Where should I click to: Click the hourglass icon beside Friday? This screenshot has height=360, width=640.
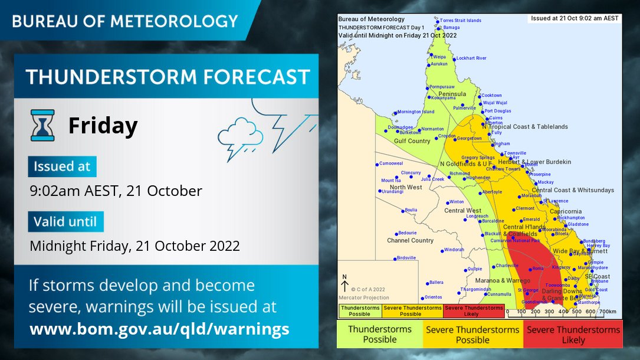pos(42,125)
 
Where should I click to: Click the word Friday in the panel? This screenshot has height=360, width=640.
pos(103,126)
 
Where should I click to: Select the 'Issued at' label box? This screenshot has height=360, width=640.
pos(62,166)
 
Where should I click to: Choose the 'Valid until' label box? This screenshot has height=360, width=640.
pos(65,222)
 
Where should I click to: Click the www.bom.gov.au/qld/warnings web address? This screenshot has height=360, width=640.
pos(159,329)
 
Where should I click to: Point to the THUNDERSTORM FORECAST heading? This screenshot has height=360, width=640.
pos(168,77)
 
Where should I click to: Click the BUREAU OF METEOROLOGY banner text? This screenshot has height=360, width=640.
pos(125,21)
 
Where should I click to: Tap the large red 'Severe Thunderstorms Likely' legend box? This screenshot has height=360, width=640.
pos(573,335)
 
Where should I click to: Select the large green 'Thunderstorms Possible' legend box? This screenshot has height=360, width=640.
pos(380,335)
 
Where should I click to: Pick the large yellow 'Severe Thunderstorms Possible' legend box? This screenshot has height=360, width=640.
pos(472,335)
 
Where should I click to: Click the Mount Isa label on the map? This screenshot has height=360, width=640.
pos(390,181)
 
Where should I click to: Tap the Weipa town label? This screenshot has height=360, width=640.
pos(439,57)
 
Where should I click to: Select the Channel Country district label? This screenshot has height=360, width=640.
pos(410,241)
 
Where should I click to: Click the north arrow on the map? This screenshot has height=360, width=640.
pos(345,284)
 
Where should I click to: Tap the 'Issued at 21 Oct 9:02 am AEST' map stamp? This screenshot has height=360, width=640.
pos(575,18)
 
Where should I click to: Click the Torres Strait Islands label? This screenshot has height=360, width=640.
pos(461,21)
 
